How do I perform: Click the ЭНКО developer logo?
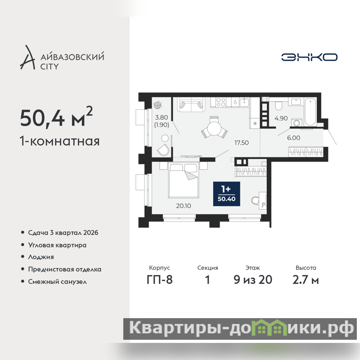[x=309, y=57]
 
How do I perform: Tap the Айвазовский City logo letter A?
[x=27, y=58]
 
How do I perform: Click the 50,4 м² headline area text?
[x=56, y=117]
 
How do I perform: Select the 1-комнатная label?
[x=60, y=141]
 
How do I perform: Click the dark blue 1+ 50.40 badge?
[x=227, y=194]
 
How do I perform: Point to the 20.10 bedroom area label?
[x=184, y=206]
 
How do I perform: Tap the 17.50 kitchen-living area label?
[x=242, y=143]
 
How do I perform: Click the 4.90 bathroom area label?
[x=281, y=118]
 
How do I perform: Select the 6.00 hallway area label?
[x=294, y=138]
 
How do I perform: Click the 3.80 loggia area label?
[x=162, y=117]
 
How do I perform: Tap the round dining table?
[x=214, y=128]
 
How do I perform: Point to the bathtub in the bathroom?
[x=310, y=112]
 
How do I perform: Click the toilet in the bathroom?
[x=279, y=106]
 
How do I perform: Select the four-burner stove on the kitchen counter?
[x=221, y=102]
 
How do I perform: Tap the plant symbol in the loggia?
[x=158, y=105]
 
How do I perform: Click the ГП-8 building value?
[x=160, y=280]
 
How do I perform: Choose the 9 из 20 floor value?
[x=253, y=280]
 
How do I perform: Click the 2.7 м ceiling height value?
[x=306, y=280]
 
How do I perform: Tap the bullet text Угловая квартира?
[x=57, y=245]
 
